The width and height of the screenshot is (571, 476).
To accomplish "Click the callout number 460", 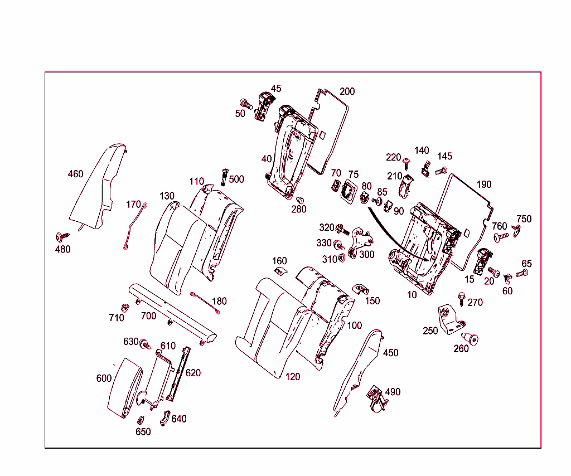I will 75,174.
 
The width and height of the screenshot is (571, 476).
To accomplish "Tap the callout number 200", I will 347,91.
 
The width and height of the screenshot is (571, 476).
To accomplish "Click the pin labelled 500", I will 225,176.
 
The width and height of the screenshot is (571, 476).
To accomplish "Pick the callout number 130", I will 167,196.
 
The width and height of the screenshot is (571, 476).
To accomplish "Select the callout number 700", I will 148,316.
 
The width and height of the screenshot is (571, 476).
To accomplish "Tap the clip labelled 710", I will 124,307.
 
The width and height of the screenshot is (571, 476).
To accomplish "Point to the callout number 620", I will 193,373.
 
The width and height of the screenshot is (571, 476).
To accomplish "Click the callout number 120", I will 293,377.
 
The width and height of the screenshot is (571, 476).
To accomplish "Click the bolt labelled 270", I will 462,299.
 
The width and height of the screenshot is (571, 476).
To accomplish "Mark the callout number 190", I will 484,184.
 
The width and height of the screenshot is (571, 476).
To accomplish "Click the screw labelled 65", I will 522,273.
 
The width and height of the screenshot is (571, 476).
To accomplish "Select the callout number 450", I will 391,353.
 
